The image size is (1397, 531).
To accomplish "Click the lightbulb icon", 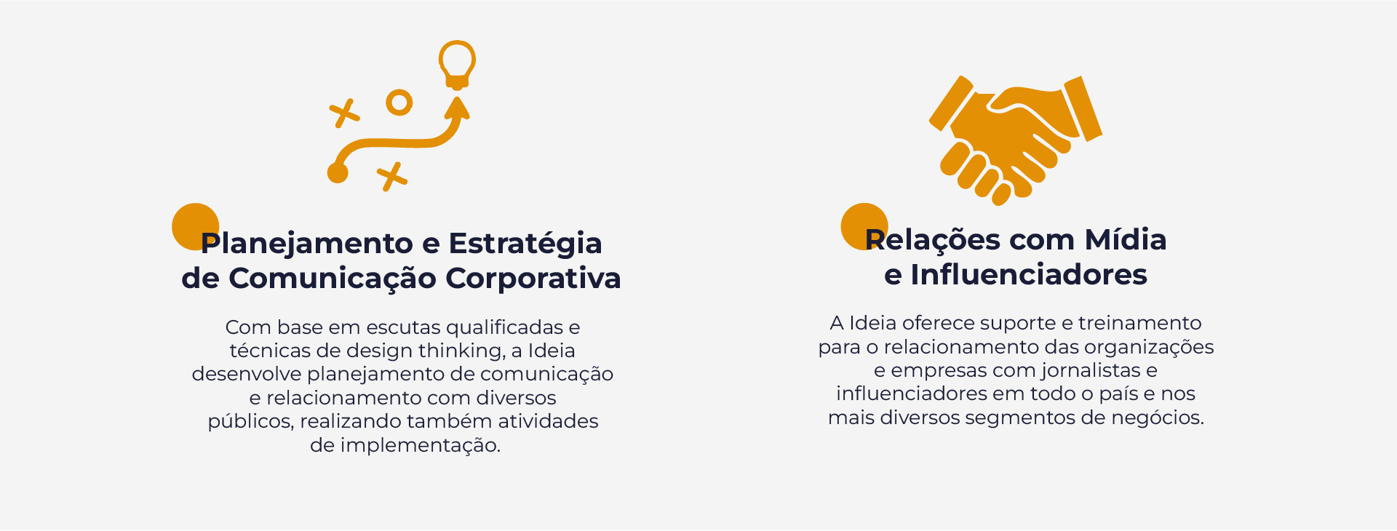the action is tap(457, 65).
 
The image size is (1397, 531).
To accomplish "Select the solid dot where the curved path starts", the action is tap(338, 172).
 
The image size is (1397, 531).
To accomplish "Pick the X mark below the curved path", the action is tap(392, 177).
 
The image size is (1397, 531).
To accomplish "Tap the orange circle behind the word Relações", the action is tap(864, 226).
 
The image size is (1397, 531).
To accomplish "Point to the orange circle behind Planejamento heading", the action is tap(195, 227).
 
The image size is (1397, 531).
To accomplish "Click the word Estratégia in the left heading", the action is tap(525, 243).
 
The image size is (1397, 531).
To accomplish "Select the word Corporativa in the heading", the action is tap(533, 278).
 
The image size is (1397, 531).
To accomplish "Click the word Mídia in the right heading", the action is tap(1126, 239).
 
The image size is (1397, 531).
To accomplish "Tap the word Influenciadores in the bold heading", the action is tap(1029, 274).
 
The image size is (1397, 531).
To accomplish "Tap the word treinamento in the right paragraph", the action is tap(1140, 323).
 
